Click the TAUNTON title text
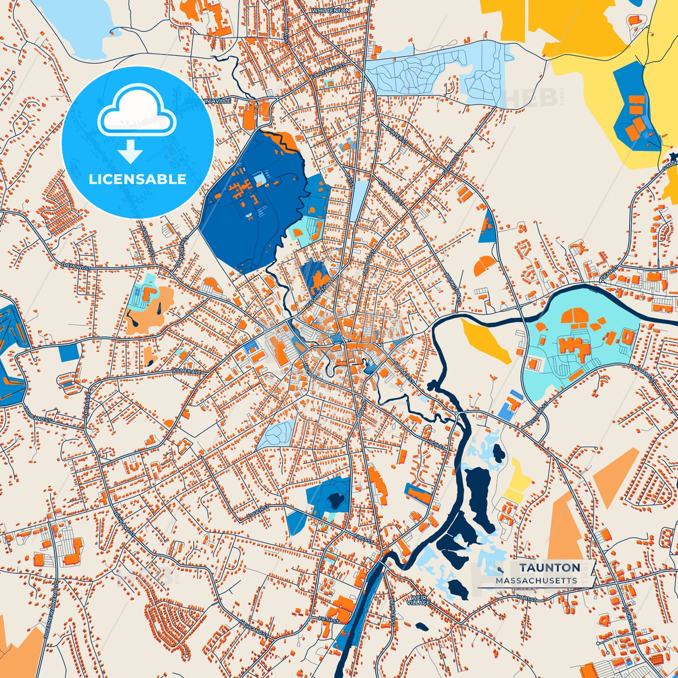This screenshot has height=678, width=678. click(x=549, y=568)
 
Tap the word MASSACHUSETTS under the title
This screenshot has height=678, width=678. click(x=536, y=581)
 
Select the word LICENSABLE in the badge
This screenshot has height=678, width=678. click(x=137, y=179)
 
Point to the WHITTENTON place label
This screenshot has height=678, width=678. click(x=331, y=10)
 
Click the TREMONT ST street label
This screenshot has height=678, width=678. click(x=76, y=267)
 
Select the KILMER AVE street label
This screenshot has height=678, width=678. click(x=187, y=371)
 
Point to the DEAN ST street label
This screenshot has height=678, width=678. click(x=610, y=273)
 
